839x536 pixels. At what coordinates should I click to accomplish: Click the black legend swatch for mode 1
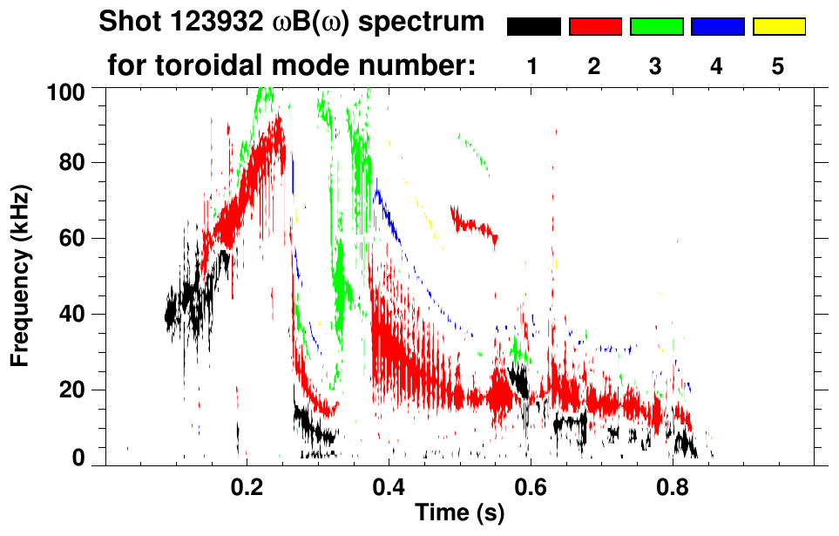(533, 27)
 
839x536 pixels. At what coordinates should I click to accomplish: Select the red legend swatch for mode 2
(595, 27)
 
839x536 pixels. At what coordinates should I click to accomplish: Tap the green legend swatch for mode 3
(656, 27)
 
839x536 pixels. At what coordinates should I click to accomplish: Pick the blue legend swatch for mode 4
(717, 27)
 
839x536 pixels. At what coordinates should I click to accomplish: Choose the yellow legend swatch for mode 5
(779, 27)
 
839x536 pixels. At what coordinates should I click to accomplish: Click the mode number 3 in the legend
(656, 66)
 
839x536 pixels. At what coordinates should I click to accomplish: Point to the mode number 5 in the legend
(779, 66)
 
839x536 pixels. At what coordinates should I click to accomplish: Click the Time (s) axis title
(459, 514)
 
